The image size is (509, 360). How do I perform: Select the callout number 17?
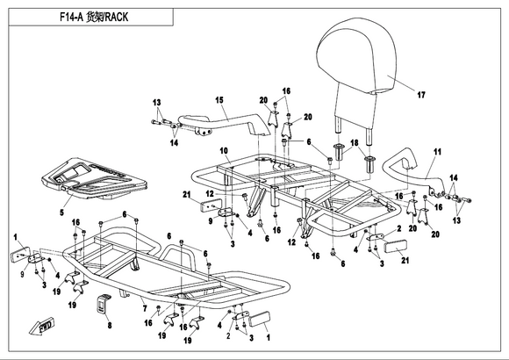pyautogui.click(x=421, y=95)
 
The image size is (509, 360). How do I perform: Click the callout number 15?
pyautogui.click(x=219, y=100)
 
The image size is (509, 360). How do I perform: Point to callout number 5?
pyautogui.click(x=61, y=212)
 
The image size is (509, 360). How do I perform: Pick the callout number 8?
pyautogui.click(x=110, y=325)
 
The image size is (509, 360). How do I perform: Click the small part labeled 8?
pyautogui.click(x=104, y=304)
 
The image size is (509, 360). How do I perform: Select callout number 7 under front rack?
pyautogui.click(x=145, y=308)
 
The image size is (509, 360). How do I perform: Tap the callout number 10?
pyautogui.click(x=224, y=151)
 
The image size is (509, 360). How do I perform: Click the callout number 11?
pyautogui.click(x=438, y=152)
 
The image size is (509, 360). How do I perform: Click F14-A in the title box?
pyautogui.click(x=71, y=17)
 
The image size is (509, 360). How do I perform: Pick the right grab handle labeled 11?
pyautogui.click(x=411, y=172)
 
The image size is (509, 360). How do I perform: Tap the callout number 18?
pyautogui.click(x=355, y=143)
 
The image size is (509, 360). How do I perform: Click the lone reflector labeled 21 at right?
pyautogui.click(x=396, y=247)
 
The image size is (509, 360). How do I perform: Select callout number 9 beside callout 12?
pyautogui.click(x=211, y=221)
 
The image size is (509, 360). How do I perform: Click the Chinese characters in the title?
pyautogui.click(x=95, y=17)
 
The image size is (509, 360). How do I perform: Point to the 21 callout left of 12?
pyautogui.click(x=186, y=195)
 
